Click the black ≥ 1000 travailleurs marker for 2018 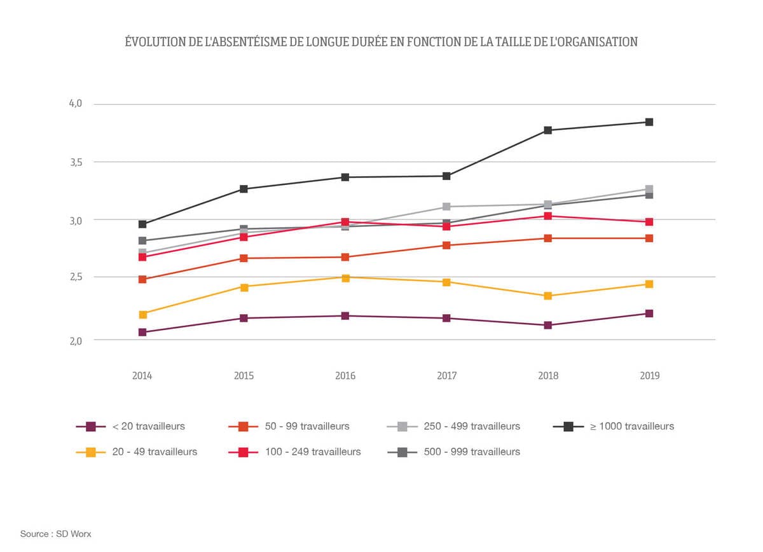tap(547, 130)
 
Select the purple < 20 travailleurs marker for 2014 tap(142, 332)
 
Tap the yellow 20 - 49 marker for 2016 tap(345, 278)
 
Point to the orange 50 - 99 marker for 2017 tap(446, 245)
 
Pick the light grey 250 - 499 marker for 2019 tap(649, 190)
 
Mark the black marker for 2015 tap(244, 189)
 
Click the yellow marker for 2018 tap(547, 296)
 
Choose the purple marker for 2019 tap(649, 314)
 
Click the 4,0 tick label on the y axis tap(76, 104)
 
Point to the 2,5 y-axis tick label tap(76, 277)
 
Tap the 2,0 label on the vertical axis tap(76, 341)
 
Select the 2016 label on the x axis tap(345, 376)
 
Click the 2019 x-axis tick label tap(649, 376)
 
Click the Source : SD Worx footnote tap(56, 534)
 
